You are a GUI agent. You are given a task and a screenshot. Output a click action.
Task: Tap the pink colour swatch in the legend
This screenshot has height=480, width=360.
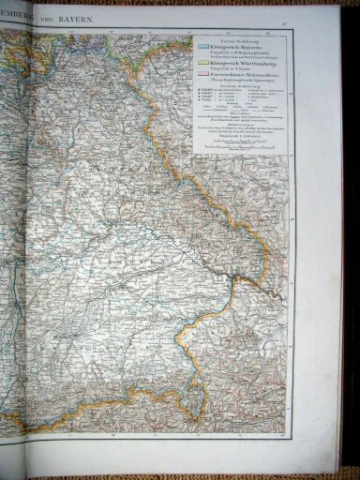(x=202, y=75)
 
